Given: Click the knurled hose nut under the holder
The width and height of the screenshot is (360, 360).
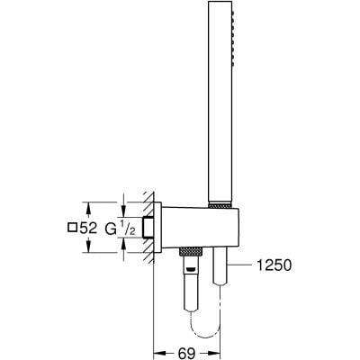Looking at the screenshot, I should (190, 248).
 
